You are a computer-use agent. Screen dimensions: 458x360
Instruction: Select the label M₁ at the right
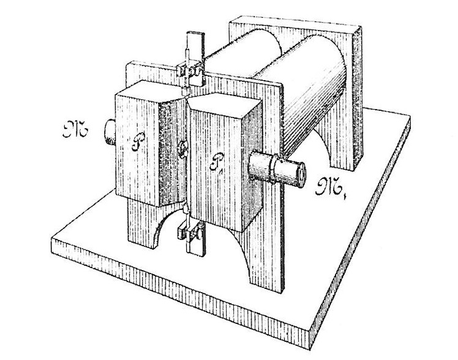coord(328,186)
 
